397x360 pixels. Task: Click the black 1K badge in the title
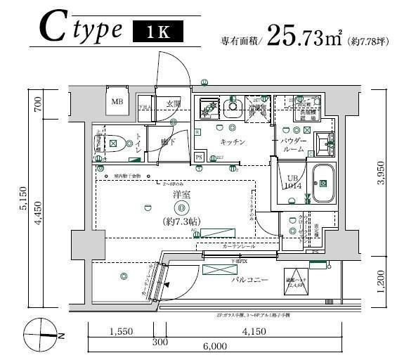click(x=158, y=32)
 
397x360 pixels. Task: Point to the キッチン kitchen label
click(x=232, y=142)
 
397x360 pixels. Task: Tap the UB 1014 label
click(x=293, y=183)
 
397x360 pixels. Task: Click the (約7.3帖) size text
click(x=182, y=221)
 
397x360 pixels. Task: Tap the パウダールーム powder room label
click(x=293, y=146)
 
